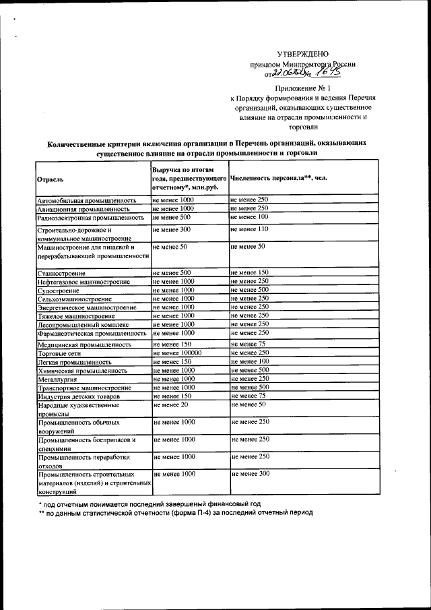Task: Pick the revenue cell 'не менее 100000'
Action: (x=177, y=353)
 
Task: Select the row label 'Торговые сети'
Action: (x=61, y=353)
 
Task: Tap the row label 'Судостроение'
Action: (x=59, y=289)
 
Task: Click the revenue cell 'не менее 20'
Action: (x=171, y=404)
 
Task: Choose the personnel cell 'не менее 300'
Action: (x=251, y=474)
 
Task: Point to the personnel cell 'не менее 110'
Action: (x=249, y=229)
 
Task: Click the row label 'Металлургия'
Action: (x=57, y=379)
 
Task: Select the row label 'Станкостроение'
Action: (x=61, y=272)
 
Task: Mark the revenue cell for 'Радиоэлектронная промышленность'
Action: (x=172, y=217)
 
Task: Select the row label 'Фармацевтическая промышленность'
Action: (x=92, y=333)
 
